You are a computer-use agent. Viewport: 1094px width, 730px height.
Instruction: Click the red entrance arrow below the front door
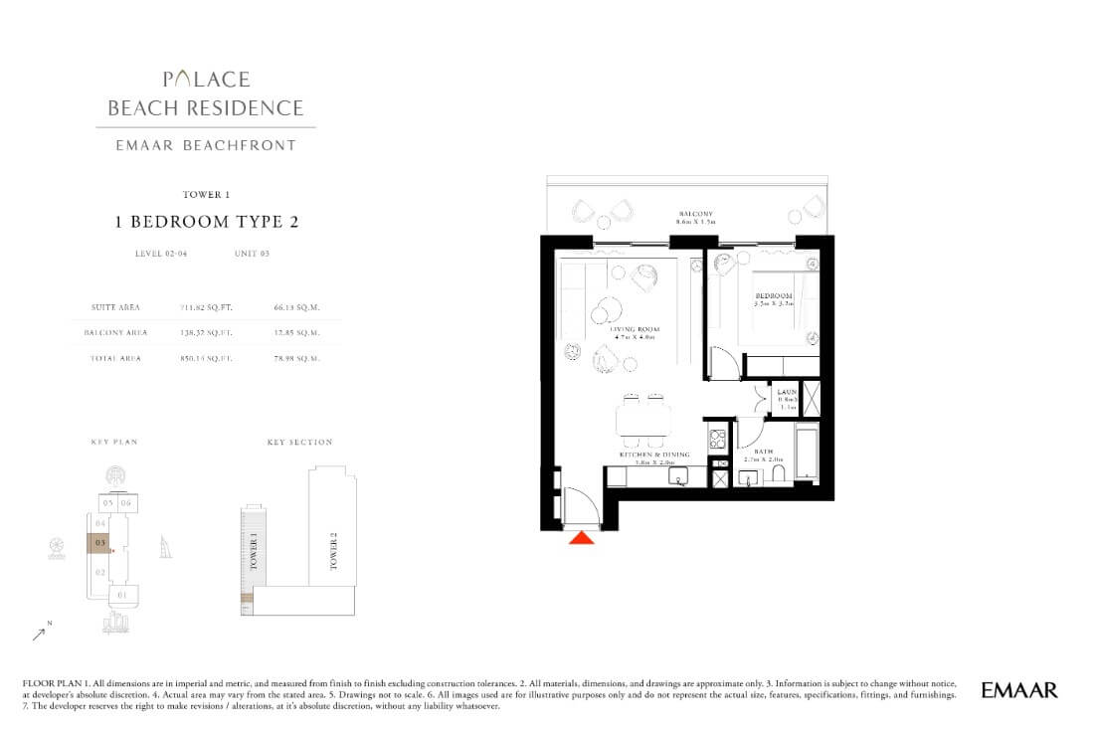tap(582, 537)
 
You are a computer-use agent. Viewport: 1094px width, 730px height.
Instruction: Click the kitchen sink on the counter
tap(680, 479)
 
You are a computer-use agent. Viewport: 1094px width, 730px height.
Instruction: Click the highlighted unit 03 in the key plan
tap(99, 544)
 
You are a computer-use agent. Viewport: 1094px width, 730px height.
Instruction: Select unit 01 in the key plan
tap(121, 595)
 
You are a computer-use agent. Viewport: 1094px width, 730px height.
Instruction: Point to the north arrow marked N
tap(42, 631)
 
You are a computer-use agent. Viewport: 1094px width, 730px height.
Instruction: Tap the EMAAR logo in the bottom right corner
tap(1018, 689)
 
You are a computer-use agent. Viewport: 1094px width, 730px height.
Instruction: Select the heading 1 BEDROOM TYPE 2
tap(207, 222)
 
